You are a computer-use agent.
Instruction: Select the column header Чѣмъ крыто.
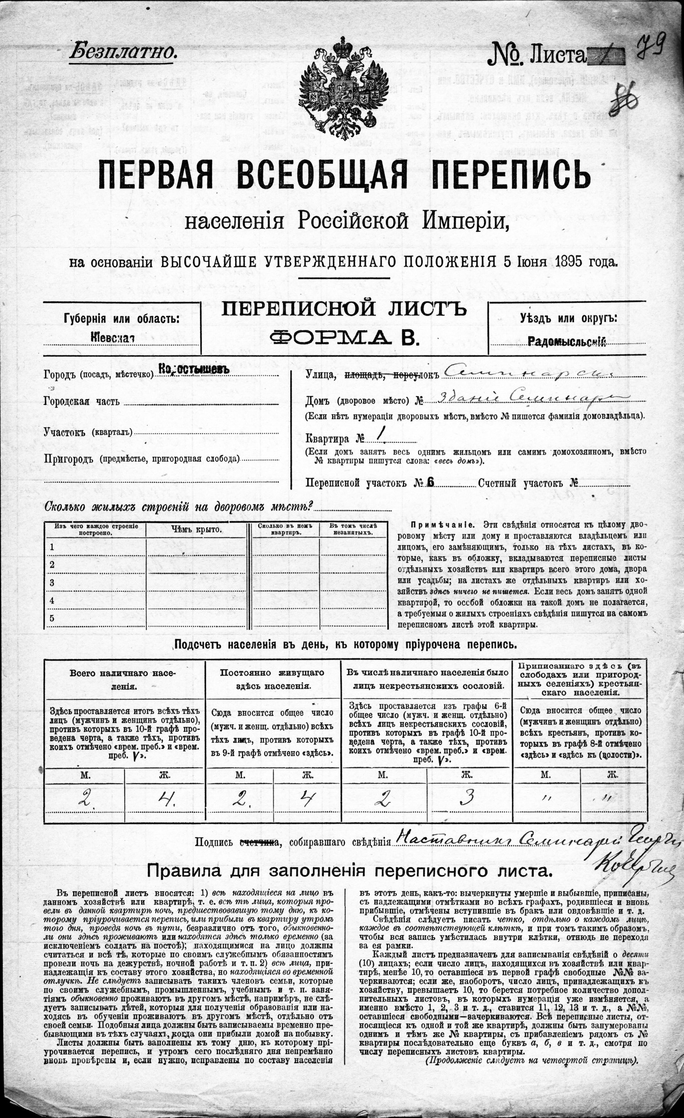click(196, 529)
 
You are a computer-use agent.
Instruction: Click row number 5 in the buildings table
click(52, 618)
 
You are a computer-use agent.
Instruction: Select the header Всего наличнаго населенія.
click(124, 679)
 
